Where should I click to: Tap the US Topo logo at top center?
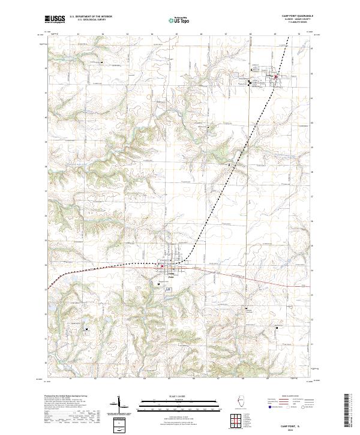[179, 19]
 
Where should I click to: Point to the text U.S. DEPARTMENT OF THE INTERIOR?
[91, 17]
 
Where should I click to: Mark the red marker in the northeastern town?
[275, 77]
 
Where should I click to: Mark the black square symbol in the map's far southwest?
[86, 329]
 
